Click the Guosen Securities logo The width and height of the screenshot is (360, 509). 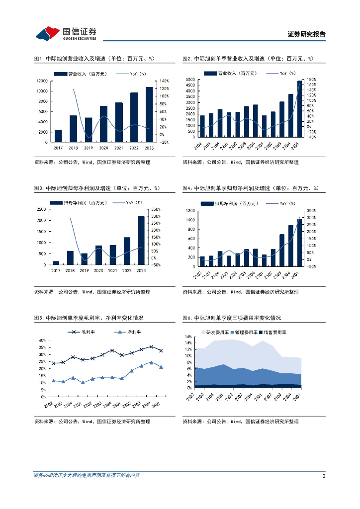66,33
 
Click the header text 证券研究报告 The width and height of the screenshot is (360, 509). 306,34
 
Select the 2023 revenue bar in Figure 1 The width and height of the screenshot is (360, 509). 149,114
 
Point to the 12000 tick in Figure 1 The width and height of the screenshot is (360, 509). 41,81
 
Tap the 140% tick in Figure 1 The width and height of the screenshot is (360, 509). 165,81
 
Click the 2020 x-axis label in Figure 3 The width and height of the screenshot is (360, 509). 99,270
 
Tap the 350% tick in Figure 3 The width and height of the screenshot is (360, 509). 156,209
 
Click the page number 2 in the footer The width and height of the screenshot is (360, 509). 324,476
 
